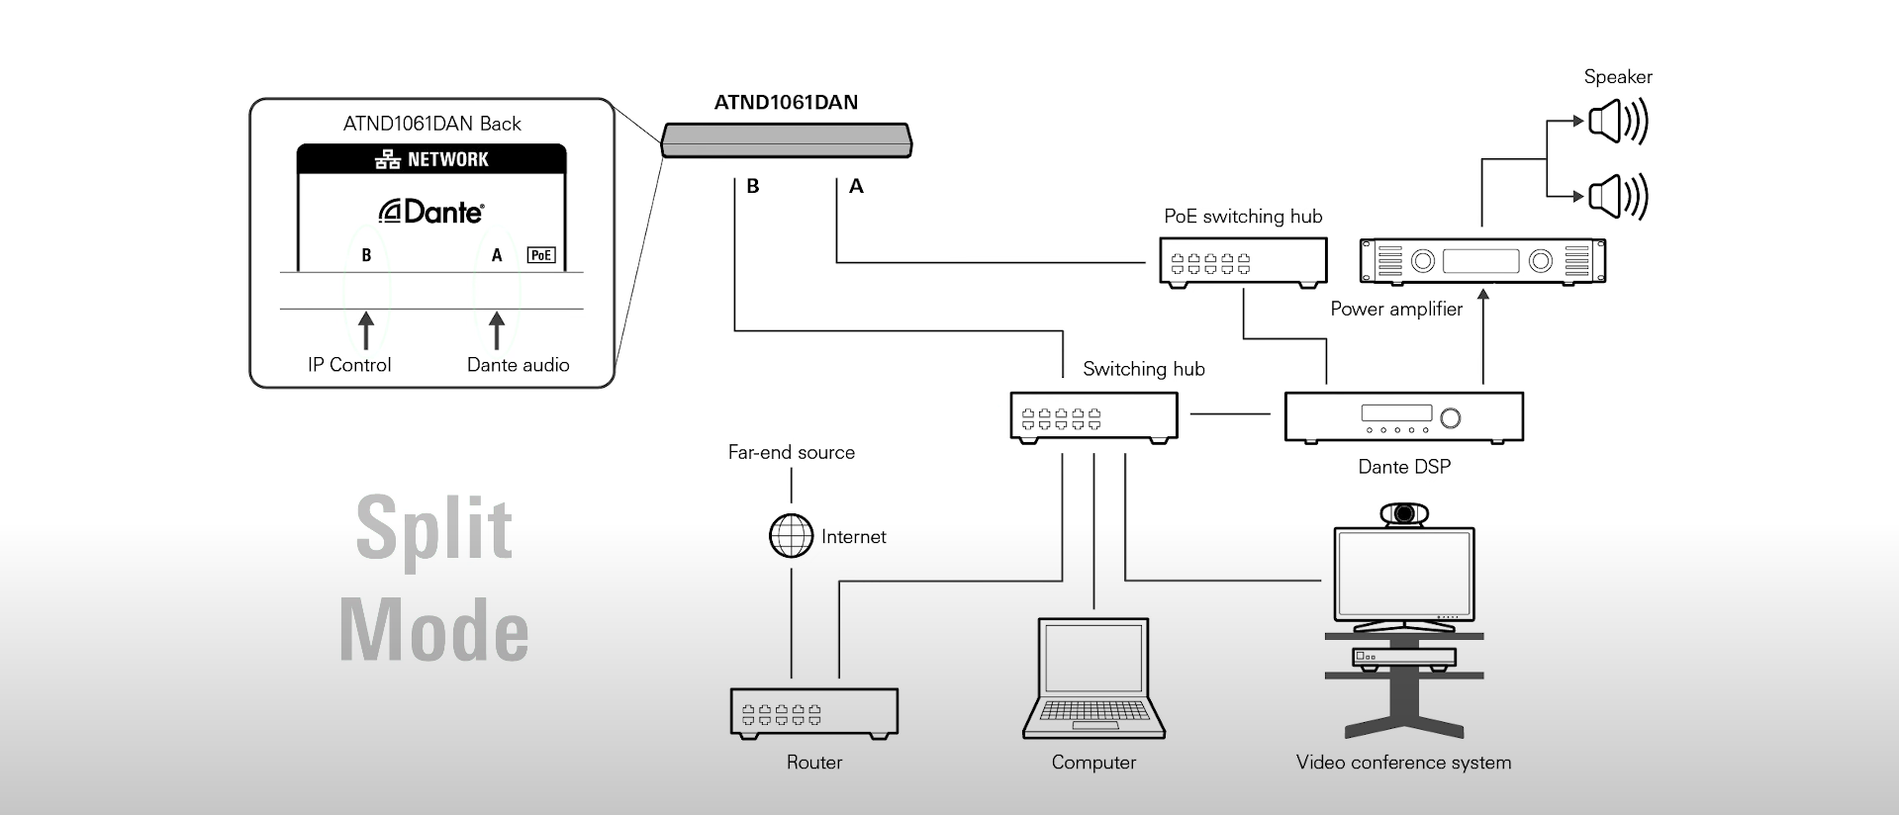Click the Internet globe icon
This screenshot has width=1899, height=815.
click(x=791, y=536)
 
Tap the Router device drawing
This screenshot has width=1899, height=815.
click(x=814, y=713)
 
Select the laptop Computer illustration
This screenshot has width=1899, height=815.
click(x=1093, y=679)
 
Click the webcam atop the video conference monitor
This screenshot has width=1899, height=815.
click(x=1403, y=513)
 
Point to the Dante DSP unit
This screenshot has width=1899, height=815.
click(x=1403, y=416)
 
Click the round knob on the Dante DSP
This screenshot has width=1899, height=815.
click(x=1451, y=417)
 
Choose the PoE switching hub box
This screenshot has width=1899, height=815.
click(x=1243, y=262)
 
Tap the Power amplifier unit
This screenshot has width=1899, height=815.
click(x=1482, y=261)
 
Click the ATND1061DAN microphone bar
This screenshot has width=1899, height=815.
click(x=787, y=139)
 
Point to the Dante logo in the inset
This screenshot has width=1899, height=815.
click(x=431, y=212)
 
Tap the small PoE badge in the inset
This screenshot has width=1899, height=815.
click(x=541, y=255)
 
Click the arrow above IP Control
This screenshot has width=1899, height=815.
click(x=366, y=331)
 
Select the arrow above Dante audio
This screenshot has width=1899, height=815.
click(x=497, y=331)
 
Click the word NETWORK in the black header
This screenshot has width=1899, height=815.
click(x=448, y=159)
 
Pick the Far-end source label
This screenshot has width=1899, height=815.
click(x=792, y=452)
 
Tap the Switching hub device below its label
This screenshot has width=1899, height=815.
click(x=1093, y=416)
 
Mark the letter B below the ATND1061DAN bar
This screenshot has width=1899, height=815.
click(x=753, y=186)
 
